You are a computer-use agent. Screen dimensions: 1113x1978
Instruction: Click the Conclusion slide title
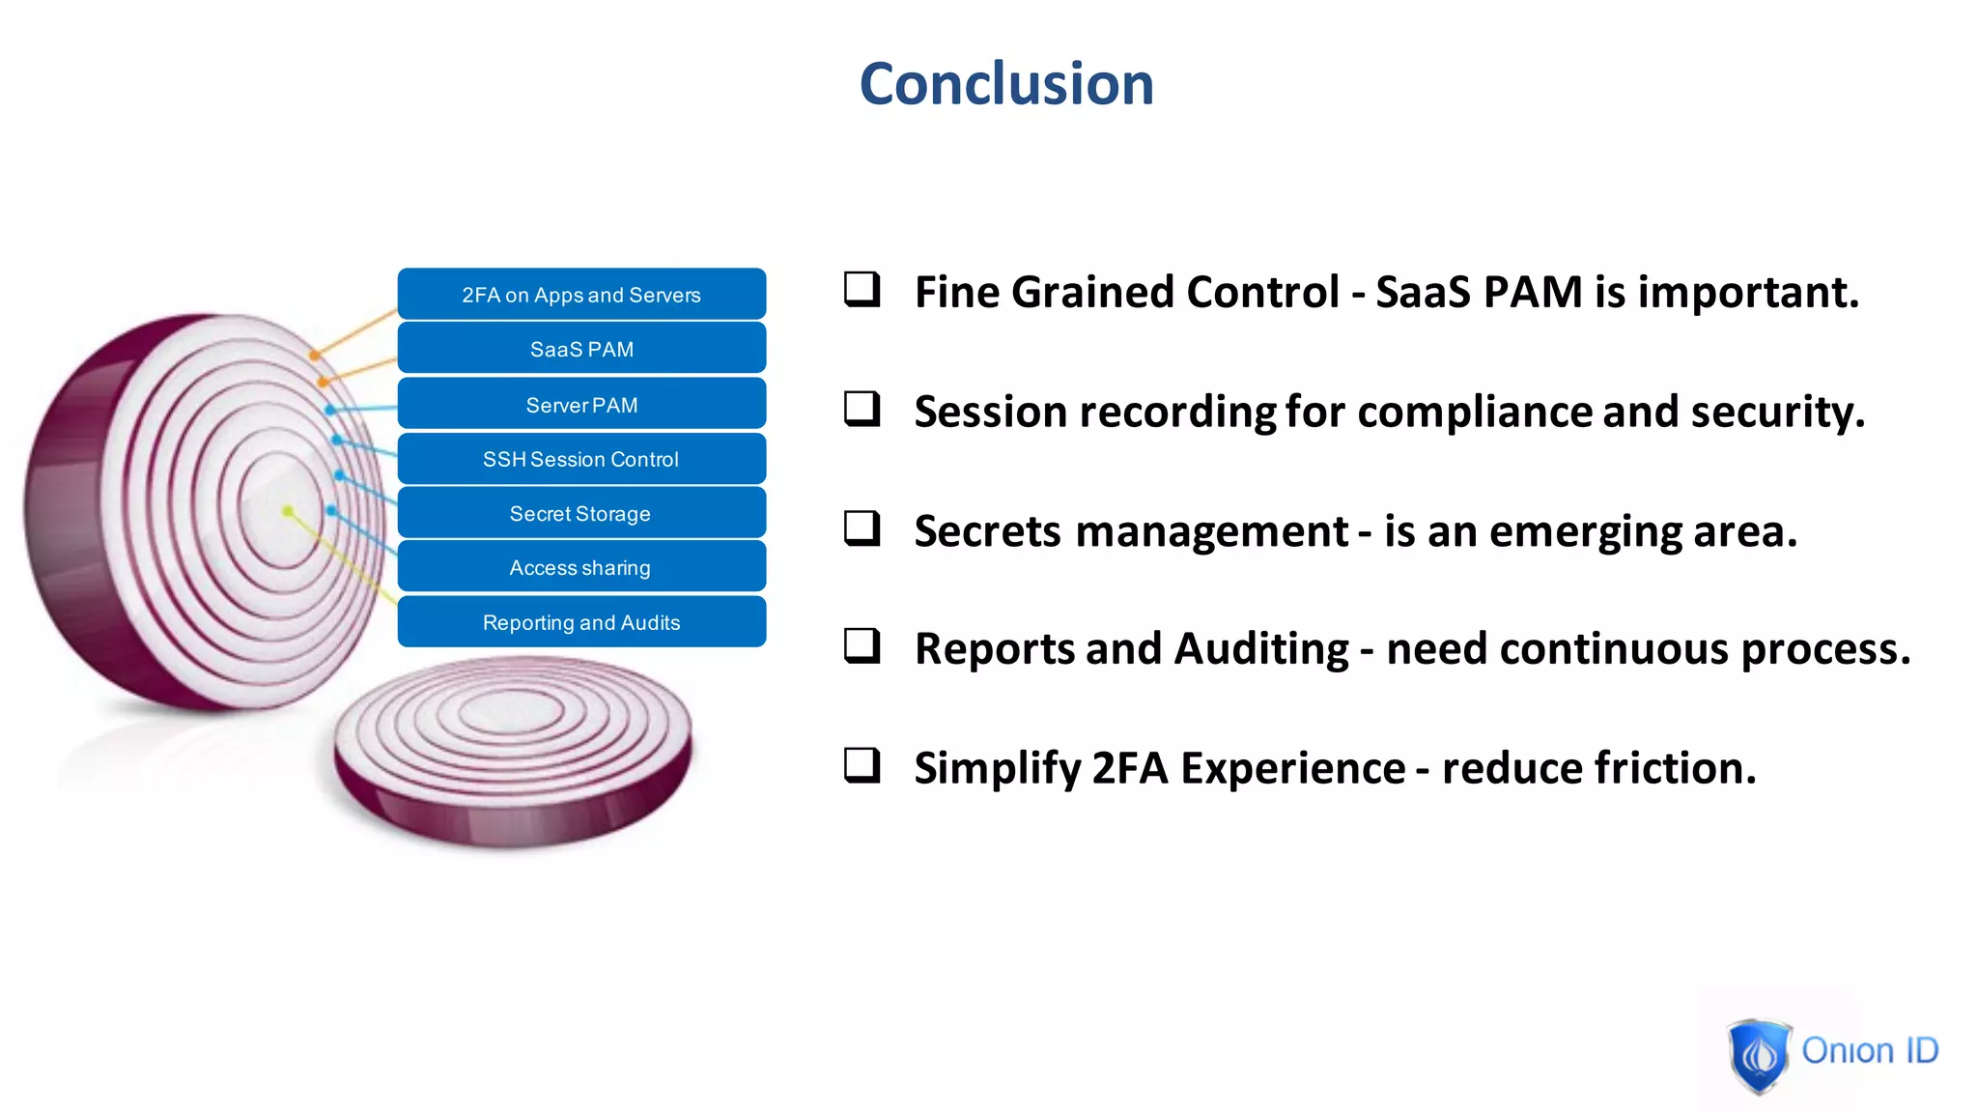tap(1006, 84)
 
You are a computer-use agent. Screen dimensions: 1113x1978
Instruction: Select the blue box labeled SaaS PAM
tap(581, 349)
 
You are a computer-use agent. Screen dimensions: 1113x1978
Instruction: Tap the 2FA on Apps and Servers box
tap(581, 295)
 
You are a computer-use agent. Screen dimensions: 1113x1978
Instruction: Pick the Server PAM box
tap(581, 405)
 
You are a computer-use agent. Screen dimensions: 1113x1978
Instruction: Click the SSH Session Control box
tap(581, 459)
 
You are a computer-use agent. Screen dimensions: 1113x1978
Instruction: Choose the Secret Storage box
tap(581, 513)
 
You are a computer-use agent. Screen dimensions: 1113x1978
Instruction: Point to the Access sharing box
tap(581, 567)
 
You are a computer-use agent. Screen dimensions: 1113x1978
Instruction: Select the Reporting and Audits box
tap(581, 622)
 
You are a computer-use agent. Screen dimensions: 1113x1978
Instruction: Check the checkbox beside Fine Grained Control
tap(862, 289)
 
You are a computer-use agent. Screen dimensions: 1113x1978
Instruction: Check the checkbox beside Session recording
tap(862, 409)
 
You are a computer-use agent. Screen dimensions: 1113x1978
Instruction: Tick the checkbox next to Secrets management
tap(862, 528)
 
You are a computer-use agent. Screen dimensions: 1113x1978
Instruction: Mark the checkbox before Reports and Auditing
tap(862, 645)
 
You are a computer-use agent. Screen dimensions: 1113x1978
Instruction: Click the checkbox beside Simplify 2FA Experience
tap(862, 764)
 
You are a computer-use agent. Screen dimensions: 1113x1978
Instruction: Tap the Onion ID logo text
tap(1870, 1050)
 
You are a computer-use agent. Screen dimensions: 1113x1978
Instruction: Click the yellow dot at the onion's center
tap(288, 511)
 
